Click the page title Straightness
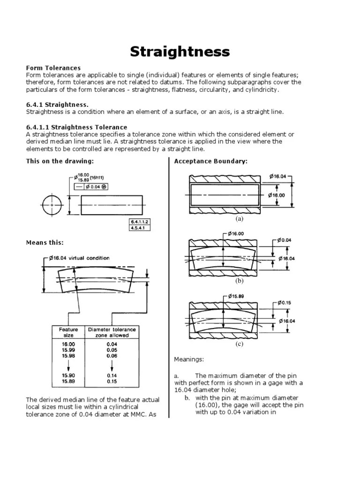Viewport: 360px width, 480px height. tap(180, 51)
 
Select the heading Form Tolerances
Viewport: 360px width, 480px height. tap(53, 68)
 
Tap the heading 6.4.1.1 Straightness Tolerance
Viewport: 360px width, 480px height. tap(76, 127)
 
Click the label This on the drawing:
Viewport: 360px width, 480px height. tap(60, 161)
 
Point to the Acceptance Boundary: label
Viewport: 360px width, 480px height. tap(211, 161)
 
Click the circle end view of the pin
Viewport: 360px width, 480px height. tap(52, 205)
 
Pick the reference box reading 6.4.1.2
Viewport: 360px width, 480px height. tap(140, 221)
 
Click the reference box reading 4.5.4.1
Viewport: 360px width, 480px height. tap(140, 228)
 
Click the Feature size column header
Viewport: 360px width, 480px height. tap(68, 332)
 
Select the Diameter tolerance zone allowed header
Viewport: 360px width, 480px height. tap(109, 332)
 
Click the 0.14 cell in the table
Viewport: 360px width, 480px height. tap(112, 376)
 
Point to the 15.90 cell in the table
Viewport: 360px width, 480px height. tap(68, 376)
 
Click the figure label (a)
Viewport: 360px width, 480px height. tap(240, 219)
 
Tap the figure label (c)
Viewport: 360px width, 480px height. tap(240, 344)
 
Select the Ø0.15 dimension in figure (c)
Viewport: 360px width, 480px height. tap(284, 303)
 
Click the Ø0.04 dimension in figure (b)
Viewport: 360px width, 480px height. tap(284, 240)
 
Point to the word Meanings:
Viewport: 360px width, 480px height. tap(189, 360)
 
